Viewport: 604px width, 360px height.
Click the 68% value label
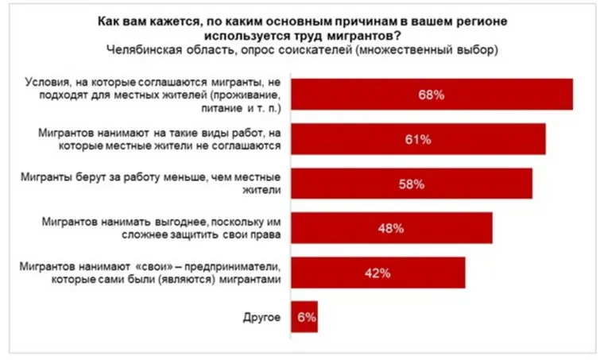click(432, 95)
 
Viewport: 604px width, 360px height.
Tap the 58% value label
click(411, 184)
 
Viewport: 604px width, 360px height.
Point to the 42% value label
click(377, 273)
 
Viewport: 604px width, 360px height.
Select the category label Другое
click(261, 317)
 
